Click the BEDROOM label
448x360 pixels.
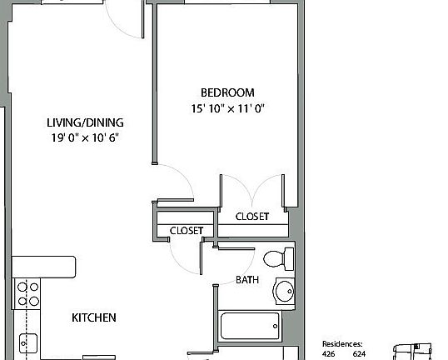[x=227, y=92]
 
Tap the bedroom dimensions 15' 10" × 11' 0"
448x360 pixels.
[x=227, y=108]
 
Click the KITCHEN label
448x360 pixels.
[x=93, y=317]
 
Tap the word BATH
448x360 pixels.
[x=247, y=280]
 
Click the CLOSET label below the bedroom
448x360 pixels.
[x=251, y=217]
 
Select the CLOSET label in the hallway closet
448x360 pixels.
[x=186, y=231]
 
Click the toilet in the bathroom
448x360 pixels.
[x=278, y=259]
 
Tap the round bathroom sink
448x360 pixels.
[x=285, y=291]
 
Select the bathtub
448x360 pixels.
[x=251, y=325]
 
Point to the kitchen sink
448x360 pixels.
[x=27, y=341]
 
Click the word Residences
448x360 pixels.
[x=343, y=343]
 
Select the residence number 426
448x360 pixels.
[x=330, y=353]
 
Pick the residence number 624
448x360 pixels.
[x=359, y=353]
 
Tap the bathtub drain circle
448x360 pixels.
[x=276, y=325]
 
